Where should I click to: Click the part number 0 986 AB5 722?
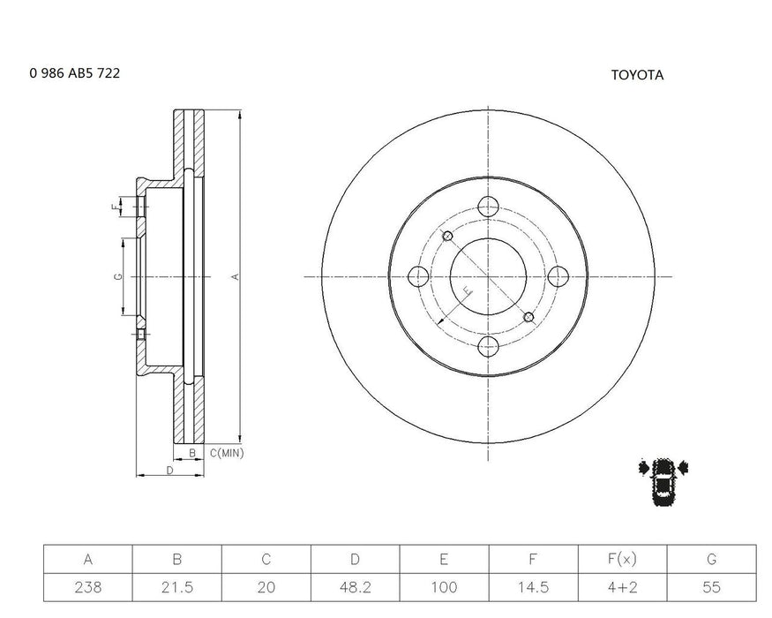pos(75,74)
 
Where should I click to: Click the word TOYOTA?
pos(637,75)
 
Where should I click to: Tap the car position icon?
pos(664,482)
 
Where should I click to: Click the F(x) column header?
pos(622,559)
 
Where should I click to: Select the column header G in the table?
pos(711,559)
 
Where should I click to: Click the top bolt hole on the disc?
pos(488,207)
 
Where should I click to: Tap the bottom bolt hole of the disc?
pos(488,346)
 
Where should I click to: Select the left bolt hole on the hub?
pos(419,276)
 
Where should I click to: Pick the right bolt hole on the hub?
pos(558,276)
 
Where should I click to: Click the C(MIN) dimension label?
pos(227,452)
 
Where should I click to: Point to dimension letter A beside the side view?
pos(235,277)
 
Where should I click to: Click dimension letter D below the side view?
pos(169,471)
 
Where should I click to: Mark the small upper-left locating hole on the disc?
pos(447,236)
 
